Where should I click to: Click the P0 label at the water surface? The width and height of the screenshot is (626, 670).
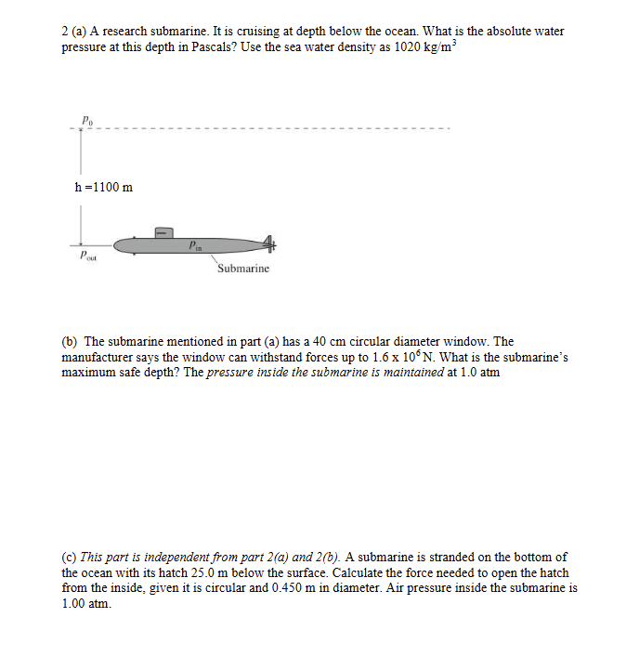(x=86, y=120)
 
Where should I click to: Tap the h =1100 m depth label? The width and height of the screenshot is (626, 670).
(x=103, y=187)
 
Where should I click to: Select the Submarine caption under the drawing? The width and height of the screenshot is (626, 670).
(x=243, y=269)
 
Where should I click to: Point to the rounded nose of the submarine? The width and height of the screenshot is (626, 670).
(x=118, y=246)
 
